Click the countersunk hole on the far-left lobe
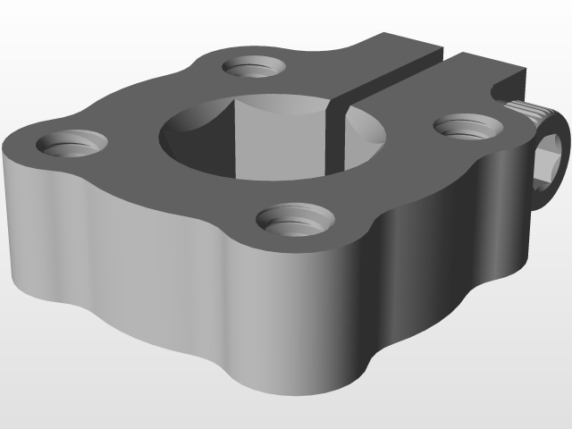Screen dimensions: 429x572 (67, 143)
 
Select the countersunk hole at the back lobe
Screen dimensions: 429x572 (253, 67)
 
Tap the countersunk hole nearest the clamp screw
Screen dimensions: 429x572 (464, 126)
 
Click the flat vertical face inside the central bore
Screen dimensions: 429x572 (277, 134)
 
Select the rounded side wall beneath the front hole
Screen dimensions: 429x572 (286, 322)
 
